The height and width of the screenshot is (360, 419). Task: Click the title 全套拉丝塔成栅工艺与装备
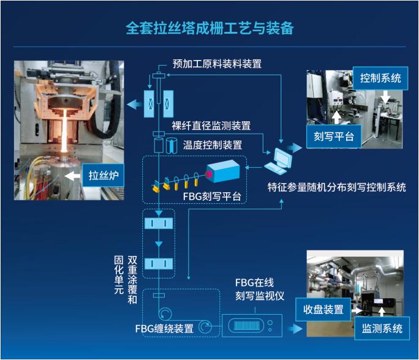(209, 28)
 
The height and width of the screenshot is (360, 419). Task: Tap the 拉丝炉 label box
(103, 175)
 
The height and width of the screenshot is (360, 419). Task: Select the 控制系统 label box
(380, 78)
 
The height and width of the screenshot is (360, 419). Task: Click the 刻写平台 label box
(333, 137)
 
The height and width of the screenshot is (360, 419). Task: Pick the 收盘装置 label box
(323, 310)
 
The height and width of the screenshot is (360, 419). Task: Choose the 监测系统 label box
(382, 328)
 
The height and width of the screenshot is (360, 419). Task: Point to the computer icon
(279, 161)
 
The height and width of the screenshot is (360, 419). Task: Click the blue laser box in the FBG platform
(223, 171)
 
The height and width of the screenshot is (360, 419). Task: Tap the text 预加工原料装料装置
(217, 64)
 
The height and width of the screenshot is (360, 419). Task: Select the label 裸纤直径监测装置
(211, 126)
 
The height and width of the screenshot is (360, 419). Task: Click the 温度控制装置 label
(213, 145)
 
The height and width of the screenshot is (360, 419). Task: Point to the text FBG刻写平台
(212, 197)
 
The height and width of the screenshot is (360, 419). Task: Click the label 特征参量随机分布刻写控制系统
(337, 187)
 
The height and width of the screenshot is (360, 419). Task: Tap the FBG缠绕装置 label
(164, 329)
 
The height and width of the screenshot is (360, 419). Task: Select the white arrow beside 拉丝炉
(72, 176)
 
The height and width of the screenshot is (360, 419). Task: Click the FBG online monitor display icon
(246, 326)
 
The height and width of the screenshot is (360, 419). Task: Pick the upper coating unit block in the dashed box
(159, 223)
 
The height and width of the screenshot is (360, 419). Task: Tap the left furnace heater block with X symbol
(149, 103)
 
